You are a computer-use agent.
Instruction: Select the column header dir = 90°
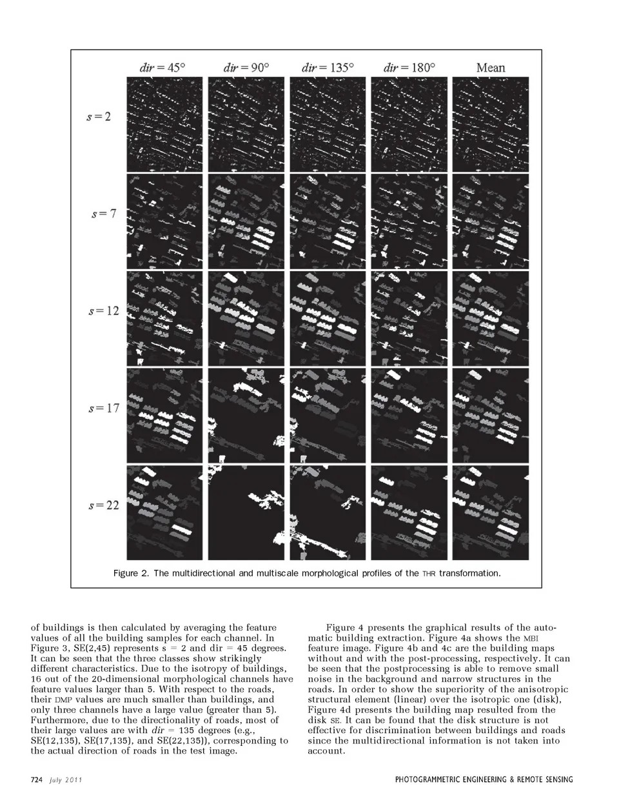tap(246, 67)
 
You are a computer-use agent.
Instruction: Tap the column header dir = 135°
tap(328, 67)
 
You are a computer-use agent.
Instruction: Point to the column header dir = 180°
tap(409, 67)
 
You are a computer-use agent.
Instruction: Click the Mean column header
tap(491, 67)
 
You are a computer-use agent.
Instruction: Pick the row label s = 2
tap(99, 117)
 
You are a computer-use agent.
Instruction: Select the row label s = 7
tap(103, 214)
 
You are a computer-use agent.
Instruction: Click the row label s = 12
tap(104, 310)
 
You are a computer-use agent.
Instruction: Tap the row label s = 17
tap(104, 408)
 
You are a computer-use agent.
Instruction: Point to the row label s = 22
tap(104, 505)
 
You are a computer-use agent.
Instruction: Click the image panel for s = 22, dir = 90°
tap(246, 512)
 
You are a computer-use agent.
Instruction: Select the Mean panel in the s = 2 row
tap(491, 124)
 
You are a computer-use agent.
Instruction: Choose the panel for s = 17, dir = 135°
tap(329, 415)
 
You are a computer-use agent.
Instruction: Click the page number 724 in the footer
tap(36, 779)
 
